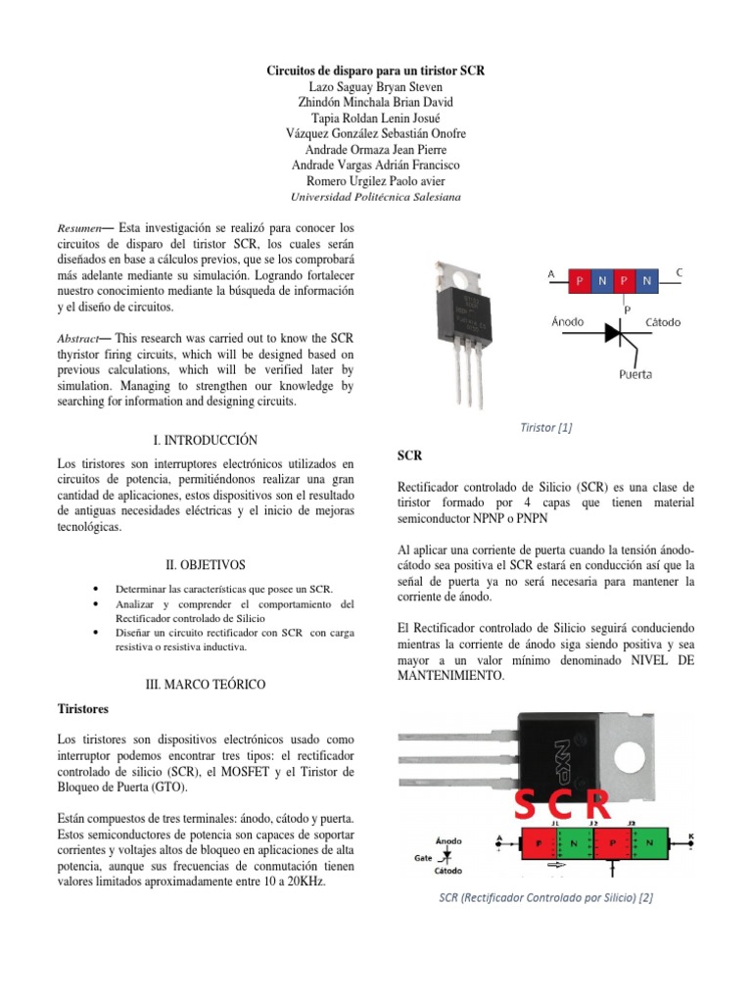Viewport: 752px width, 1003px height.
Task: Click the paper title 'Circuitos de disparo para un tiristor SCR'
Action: [x=376, y=72]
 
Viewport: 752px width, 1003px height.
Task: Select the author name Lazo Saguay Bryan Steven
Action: [x=376, y=87]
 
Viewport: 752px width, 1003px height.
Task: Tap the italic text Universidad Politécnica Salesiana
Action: [x=376, y=197]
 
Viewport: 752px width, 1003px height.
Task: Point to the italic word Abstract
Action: [x=79, y=338]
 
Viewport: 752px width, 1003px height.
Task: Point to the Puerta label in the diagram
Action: [x=634, y=373]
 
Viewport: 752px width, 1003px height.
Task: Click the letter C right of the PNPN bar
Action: [x=680, y=272]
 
